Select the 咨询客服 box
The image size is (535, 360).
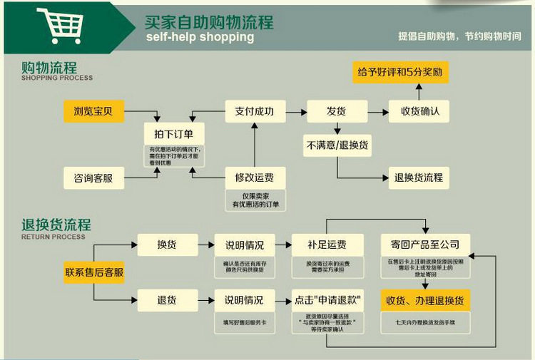point(93,178)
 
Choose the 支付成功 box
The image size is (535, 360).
point(255,111)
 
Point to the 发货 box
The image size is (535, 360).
point(337,111)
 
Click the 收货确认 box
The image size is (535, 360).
point(419,111)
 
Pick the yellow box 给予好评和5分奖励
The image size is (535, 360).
point(402,73)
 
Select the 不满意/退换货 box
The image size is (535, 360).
point(337,145)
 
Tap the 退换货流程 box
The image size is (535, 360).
point(419,178)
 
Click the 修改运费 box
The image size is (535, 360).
point(255,178)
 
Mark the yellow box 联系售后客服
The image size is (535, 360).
point(94,272)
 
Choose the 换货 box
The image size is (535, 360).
point(167,245)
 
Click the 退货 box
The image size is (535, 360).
point(167,299)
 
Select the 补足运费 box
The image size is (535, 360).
point(327,245)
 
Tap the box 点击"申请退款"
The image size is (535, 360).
point(327,300)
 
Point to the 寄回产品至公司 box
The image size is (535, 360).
point(424,245)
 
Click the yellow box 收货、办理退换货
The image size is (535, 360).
point(424,300)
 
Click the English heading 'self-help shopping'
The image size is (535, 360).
point(200,38)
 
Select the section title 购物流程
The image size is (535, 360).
point(49,68)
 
